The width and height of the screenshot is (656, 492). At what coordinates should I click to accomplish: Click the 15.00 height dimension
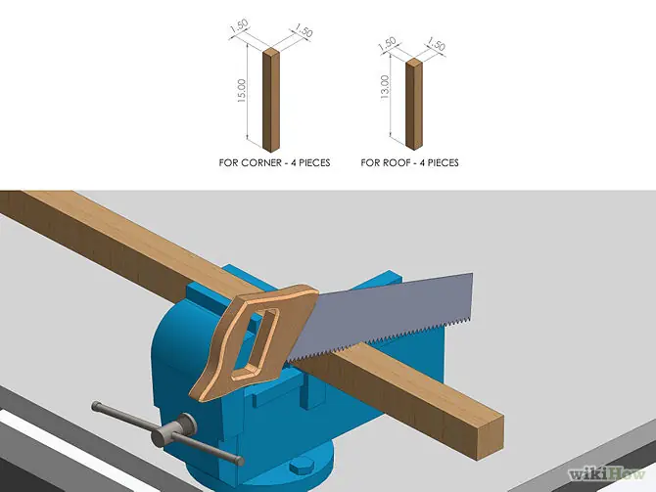[x=242, y=91]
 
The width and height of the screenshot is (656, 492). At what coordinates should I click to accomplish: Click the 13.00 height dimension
[x=385, y=87]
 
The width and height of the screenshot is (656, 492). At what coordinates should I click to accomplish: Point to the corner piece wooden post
[x=271, y=100]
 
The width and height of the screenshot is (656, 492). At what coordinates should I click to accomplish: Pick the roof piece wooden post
[x=414, y=104]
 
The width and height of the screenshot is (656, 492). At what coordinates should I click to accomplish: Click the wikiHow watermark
[x=607, y=474]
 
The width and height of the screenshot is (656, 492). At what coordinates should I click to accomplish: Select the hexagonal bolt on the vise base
[x=301, y=467]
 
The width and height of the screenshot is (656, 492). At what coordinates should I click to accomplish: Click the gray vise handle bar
[x=167, y=432]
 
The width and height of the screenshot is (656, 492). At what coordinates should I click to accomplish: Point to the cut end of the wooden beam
[x=490, y=437]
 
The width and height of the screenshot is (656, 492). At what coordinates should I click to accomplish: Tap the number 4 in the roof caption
[x=422, y=162]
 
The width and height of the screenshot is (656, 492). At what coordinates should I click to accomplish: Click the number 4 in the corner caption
[x=294, y=162]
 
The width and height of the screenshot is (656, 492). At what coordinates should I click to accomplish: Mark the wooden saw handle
[x=251, y=340]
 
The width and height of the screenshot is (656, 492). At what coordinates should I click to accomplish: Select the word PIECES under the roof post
[x=444, y=162]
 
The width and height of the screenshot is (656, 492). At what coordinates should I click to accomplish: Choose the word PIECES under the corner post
[x=314, y=162]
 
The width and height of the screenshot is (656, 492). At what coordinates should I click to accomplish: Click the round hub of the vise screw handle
[x=175, y=429]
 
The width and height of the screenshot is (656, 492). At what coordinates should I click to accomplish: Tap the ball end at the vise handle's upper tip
[x=97, y=406]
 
